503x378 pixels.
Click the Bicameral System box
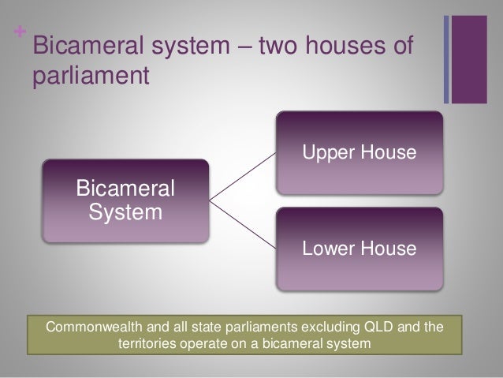pyautogui.click(x=125, y=202)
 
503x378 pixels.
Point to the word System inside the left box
pyautogui.click(x=125, y=213)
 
